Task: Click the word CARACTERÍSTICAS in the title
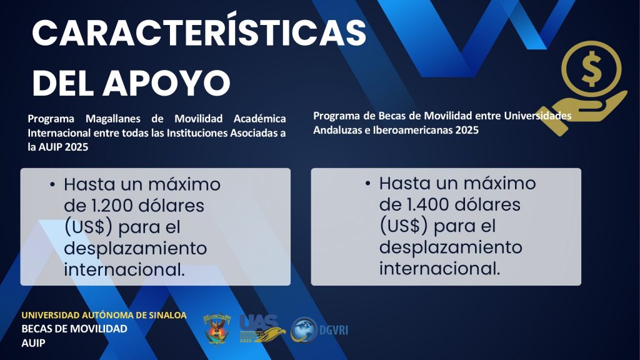click(199, 32)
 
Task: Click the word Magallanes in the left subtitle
click(112, 119)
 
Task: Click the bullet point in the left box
click(52, 185)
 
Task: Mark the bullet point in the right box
click(367, 184)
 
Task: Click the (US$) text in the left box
click(88, 227)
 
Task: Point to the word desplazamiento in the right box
click(451, 247)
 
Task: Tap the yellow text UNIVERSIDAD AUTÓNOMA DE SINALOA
click(104, 315)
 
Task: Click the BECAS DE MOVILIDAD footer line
click(74, 329)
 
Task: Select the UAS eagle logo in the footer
click(262, 329)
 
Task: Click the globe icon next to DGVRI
click(304, 329)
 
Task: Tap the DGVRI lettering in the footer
click(334, 330)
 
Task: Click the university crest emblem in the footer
click(217, 329)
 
